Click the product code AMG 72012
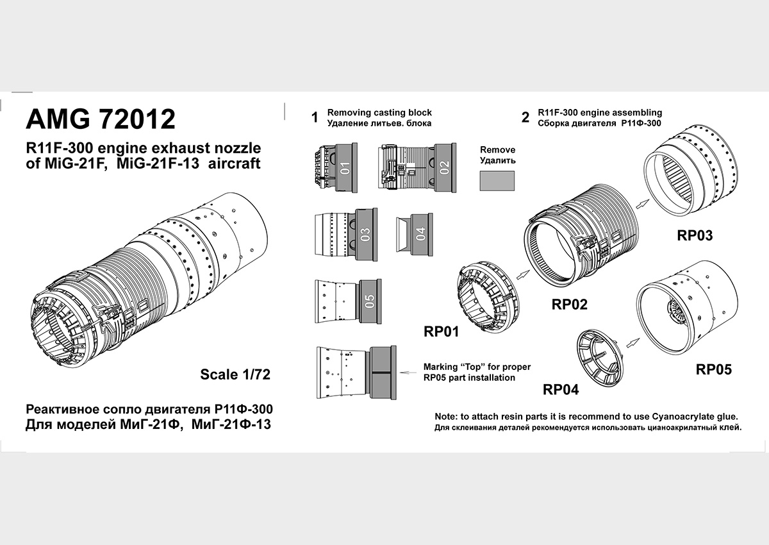coord(101,119)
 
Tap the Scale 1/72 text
coord(235,374)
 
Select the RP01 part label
coord(441,331)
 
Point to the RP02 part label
coord(569,305)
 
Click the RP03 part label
coord(695,235)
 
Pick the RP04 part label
coord(561,389)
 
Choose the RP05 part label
coord(714,369)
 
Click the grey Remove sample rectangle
coord(497,181)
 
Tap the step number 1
coord(315,117)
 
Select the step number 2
coord(525,117)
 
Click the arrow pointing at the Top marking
coord(409,373)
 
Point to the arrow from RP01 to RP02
coord(523,274)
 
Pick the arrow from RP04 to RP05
coord(633,343)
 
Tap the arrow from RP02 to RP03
coord(642,204)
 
